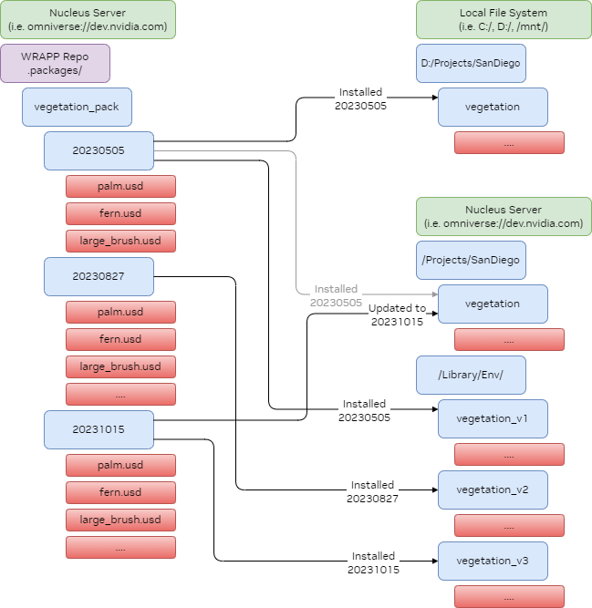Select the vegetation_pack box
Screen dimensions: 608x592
pyautogui.click(x=78, y=107)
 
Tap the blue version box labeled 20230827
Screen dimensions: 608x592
pyautogui.click(x=99, y=276)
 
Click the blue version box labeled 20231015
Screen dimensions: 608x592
pyautogui.click(x=99, y=429)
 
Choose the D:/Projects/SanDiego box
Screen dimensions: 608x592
pyautogui.click(x=472, y=63)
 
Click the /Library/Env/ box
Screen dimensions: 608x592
pyautogui.click(x=471, y=375)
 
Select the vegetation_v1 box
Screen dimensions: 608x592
pyautogui.click(x=493, y=418)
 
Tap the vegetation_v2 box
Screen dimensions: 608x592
pyautogui.click(x=493, y=489)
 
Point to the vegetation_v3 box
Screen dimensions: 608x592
pyautogui.click(x=493, y=561)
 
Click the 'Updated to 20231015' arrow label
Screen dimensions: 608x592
pyautogui.click(x=397, y=314)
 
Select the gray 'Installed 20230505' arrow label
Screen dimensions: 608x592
pyautogui.click(x=336, y=295)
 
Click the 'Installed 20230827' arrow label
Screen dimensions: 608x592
pyautogui.click(x=373, y=491)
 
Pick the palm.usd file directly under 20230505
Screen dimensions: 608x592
pyautogui.click(x=120, y=187)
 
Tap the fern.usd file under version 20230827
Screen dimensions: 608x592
pyautogui.click(x=120, y=339)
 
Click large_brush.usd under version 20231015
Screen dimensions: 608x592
pyautogui.click(x=120, y=520)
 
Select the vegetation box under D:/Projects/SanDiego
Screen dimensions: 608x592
pyautogui.click(x=493, y=107)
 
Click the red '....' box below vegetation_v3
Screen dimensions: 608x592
pyautogui.click(x=509, y=597)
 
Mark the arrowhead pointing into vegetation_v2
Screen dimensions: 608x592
pyautogui.click(x=433, y=489)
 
